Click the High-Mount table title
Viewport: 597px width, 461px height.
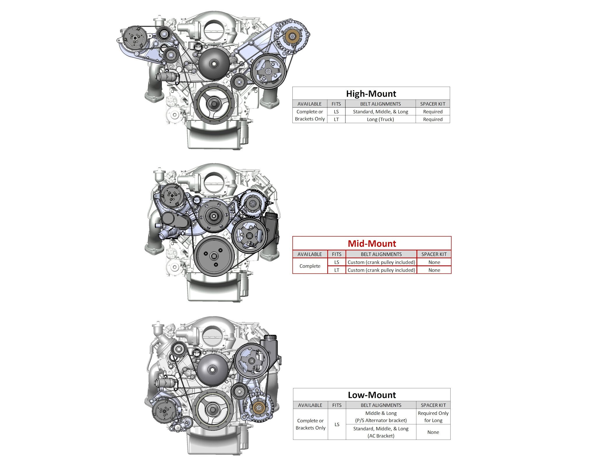point(371,93)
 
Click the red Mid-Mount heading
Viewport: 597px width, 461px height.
point(372,243)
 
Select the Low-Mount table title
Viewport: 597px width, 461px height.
point(372,395)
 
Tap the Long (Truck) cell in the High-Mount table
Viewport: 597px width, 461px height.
point(380,119)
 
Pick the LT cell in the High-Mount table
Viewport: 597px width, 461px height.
point(336,119)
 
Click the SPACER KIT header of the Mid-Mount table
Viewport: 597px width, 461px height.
point(434,254)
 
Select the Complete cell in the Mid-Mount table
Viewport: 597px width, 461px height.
point(310,266)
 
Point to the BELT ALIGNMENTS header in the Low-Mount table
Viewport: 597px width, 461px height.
point(381,405)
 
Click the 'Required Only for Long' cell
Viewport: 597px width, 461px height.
point(433,417)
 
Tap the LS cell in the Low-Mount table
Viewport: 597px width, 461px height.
point(337,424)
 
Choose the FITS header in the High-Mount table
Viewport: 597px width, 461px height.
point(336,104)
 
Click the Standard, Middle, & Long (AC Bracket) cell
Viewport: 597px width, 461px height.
point(381,432)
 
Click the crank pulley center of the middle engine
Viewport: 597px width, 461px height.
point(214,256)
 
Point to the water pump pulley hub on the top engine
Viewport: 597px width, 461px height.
point(214,64)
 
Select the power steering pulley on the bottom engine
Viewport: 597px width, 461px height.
point(252,361)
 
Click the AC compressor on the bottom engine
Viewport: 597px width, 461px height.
point(164,411)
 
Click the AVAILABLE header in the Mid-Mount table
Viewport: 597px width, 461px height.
point(310,254)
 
